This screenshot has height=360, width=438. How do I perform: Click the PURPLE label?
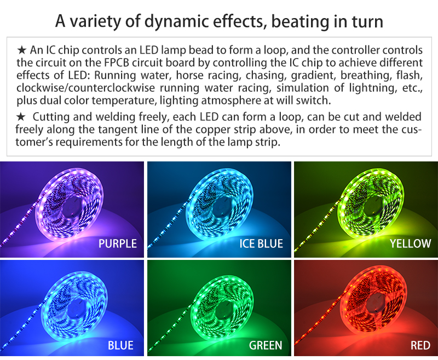pos(118,243)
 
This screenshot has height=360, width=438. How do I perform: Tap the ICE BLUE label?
pos(261,243)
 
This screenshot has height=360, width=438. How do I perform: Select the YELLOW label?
pos(410,243)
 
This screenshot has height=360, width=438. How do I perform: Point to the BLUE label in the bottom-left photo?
pos(120,345)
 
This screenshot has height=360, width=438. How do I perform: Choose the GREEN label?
pos(266,345)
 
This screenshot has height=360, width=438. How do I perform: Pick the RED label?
pos(420,345)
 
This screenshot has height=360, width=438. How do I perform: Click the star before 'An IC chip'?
pos(21,50)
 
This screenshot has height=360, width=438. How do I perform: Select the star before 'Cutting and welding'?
pos(21,117)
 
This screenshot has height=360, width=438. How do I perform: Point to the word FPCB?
pos(117,62)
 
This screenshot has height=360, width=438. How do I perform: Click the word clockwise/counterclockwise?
pos(85,88)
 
